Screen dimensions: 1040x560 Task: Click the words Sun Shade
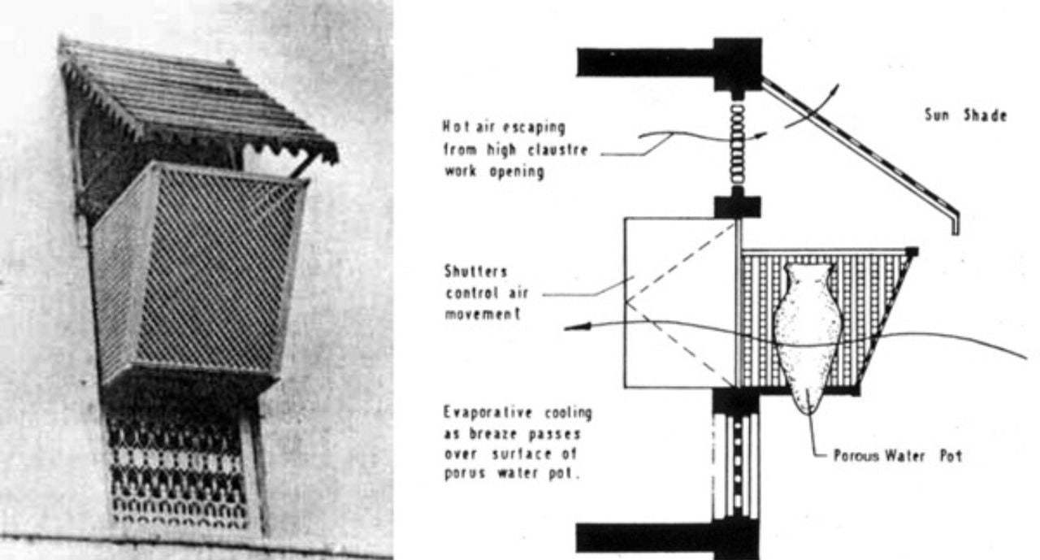966,115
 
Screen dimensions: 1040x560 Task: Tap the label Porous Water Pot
898,455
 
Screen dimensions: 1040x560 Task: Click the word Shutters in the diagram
476,271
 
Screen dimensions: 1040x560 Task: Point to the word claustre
558,150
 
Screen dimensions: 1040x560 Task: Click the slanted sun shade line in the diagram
859,154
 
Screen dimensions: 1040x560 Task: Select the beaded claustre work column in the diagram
738,145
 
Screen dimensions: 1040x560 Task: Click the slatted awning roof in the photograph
197,100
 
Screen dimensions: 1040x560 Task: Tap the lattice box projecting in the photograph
200,274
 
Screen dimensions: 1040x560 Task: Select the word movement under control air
483,314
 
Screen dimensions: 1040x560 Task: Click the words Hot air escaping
504,127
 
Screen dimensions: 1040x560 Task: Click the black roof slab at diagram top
669,63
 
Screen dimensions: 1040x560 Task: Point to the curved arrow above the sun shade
812,106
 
